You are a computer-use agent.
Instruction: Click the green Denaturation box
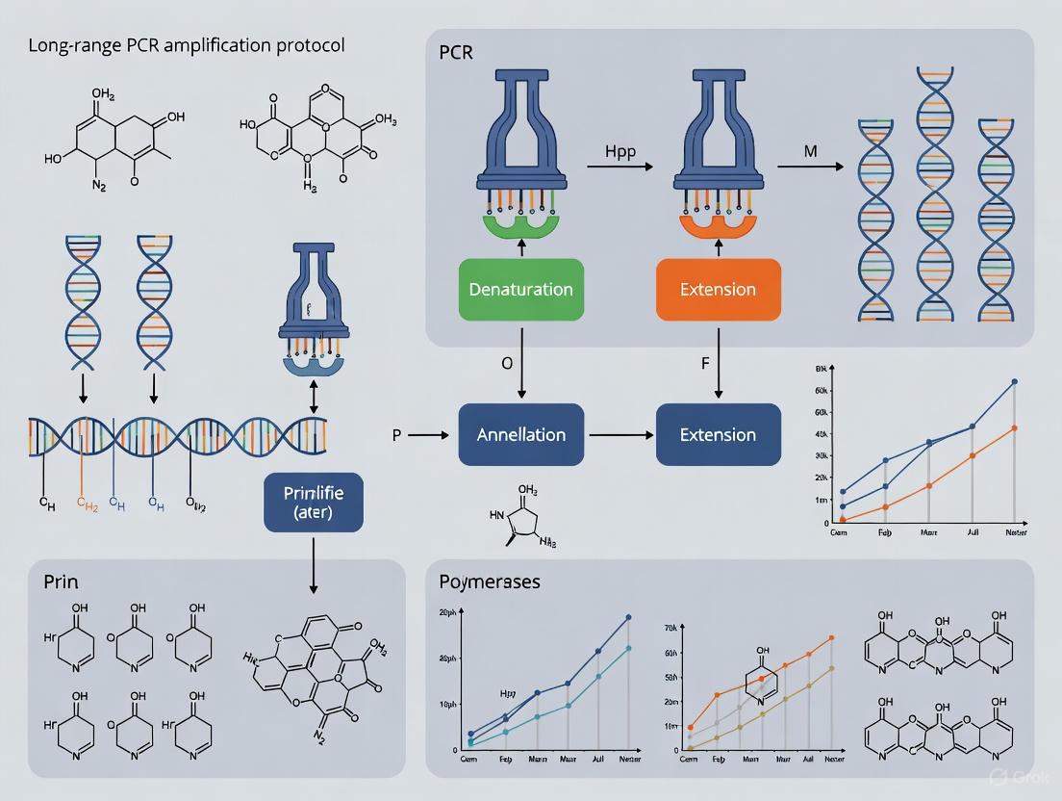pyautogui.click(x=519, y=289)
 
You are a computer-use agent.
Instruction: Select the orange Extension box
pyautogui.click(x=718, y=289)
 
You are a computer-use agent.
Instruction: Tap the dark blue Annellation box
pyautogui.click(x=521, y=435)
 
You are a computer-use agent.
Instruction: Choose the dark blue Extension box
pyautogui.click(x=718, y=435)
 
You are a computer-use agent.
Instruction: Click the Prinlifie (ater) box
pyautogui.click(x=314, y=503)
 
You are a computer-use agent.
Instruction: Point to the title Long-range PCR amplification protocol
pyautogui.click(x=188, y=45)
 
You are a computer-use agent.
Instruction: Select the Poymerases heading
pyautogui.click(x=490, y=581)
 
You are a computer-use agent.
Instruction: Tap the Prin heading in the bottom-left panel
pyautogui.click(x=60, y=581)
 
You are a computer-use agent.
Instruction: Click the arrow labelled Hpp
pyautogui.click(x=619, y=167)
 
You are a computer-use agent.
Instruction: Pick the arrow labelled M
pyautogui.click(x=808, y=167)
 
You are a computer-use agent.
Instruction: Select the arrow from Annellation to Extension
pyautogui.click(x=621, y=435)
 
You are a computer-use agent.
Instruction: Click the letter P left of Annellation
pyautogui.click(x=396, y=435)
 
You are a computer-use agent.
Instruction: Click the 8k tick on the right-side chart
pyautogui.click(x=821, y=369)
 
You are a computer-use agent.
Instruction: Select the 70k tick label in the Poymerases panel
pyautogui.click(x=671, y=628)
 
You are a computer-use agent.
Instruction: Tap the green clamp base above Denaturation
pyautogui.click(x=519, y=227)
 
